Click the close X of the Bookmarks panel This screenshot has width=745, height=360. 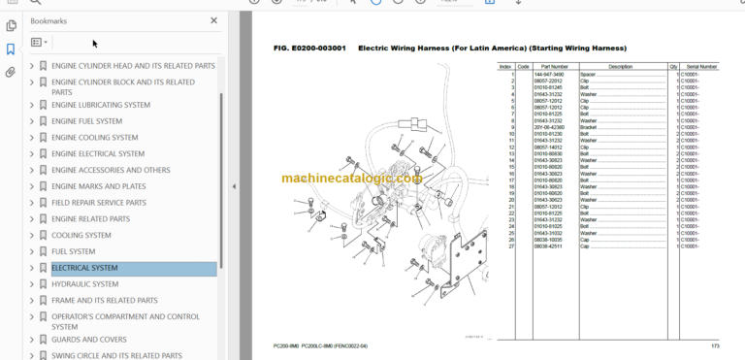point(214,19)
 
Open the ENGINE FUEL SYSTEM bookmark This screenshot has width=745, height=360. point(86,121)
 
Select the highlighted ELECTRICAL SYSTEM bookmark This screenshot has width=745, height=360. point(84,268)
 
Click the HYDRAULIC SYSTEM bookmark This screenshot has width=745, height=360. point(84,284)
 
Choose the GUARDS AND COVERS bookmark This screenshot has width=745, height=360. point(88,340)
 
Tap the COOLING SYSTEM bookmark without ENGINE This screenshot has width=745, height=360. point(81,235)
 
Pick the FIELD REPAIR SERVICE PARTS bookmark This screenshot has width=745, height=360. point(98,203)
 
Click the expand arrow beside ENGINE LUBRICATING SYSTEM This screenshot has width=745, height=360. point(31,105)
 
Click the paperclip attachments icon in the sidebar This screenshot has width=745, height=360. point(11,72)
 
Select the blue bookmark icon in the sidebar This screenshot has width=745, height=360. point(11,49)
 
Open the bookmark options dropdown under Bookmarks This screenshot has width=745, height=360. point(39,43)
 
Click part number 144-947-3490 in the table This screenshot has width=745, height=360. point(549,74)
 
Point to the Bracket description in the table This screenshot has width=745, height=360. point(589,126)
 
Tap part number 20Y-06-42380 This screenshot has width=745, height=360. point(549,126)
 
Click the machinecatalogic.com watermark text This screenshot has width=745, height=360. point(352,178)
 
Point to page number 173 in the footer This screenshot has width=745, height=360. point(715,345)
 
